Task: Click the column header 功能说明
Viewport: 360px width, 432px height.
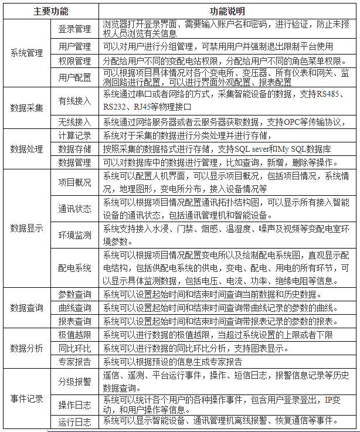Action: (227, 11)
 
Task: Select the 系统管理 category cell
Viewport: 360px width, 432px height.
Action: (27, 53)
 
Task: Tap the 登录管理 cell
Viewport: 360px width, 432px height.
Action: (74, 29)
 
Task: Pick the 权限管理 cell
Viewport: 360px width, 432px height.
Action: (74, 61)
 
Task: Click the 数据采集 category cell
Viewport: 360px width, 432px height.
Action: (27, 107)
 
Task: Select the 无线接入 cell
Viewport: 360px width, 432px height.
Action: (74, 122)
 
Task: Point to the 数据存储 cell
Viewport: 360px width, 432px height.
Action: (74, 148)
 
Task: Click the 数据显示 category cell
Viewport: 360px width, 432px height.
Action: (27, 228)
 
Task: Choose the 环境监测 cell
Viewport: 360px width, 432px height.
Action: (74, 235)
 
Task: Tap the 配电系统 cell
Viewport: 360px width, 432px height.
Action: (74, 268)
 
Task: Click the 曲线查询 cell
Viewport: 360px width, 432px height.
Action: (74, 307)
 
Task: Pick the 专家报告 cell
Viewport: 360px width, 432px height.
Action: (74, 362)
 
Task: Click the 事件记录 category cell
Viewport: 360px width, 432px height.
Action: (27, 399)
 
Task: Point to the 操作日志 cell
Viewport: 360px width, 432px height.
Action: (74, 405)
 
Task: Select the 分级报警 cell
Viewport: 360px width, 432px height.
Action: (74, 382)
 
